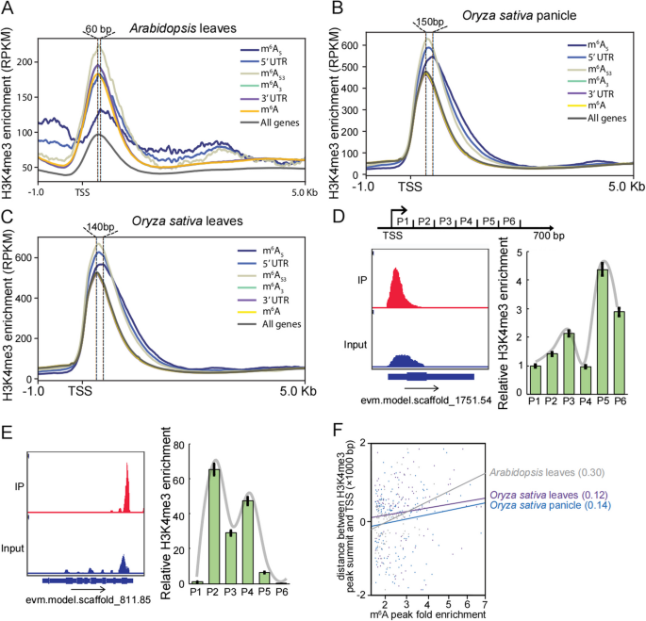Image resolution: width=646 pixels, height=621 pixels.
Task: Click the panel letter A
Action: coord(8,9)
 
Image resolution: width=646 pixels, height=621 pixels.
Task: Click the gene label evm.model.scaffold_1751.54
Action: coord(430,401)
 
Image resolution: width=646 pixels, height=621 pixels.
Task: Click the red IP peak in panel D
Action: coord(397,287)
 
